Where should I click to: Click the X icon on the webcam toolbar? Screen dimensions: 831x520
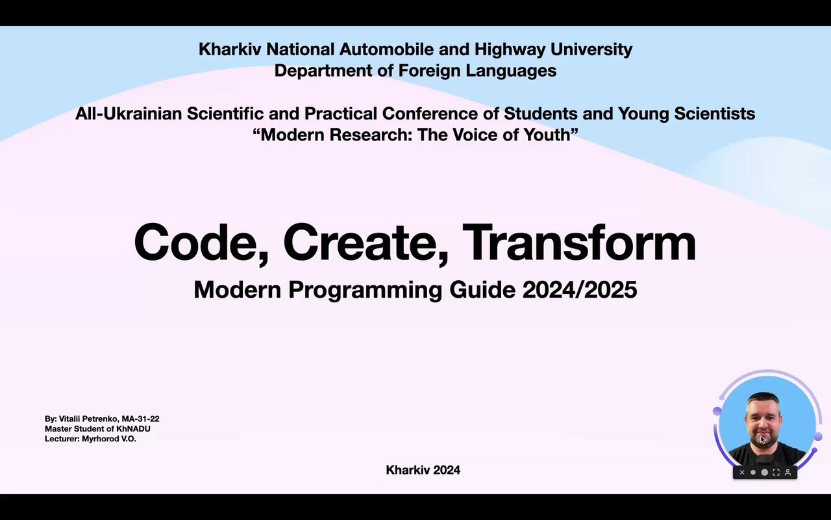741,473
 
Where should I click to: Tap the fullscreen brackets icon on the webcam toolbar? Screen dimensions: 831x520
776,473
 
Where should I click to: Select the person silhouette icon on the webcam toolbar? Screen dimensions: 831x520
788,473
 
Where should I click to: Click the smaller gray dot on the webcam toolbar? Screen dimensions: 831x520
752,473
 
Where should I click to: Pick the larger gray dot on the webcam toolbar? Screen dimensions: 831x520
765,473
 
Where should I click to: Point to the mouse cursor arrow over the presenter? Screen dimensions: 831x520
763,440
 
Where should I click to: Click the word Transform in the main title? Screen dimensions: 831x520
579,242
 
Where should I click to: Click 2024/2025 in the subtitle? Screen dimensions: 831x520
580,290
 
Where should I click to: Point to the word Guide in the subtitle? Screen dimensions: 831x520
482,290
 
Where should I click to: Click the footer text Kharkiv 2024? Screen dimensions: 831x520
423,470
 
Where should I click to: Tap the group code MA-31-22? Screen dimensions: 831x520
140,419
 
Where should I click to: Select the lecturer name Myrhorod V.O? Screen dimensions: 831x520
108,439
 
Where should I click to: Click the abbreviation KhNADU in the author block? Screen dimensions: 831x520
133,428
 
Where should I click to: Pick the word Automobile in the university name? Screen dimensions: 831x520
386,49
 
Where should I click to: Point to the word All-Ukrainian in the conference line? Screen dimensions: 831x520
129,113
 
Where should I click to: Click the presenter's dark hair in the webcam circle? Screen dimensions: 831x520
763,400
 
